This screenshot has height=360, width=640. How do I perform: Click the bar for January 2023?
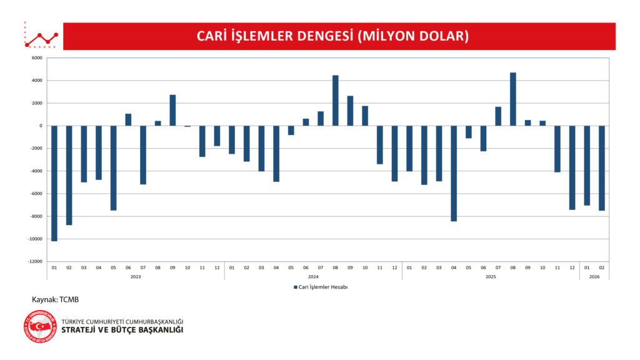pyautogui.click(x=54, y=182)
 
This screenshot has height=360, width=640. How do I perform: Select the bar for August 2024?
pyautogui.click(x=336, y=101)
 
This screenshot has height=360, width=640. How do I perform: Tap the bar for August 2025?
pyautogui.click(x=513, y=99)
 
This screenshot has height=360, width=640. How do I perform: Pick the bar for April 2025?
pyautogui.click(x=454, y=173)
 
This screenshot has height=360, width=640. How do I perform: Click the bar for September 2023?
pyautogui.click(x=172, y=110)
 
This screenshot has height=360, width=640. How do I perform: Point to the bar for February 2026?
pyautogui.click(x=602, y=167)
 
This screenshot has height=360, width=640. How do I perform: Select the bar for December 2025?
pyautogui.click(x=572, y=167)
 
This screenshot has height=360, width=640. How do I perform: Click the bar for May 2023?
pyautogui.click(x=114, y=167)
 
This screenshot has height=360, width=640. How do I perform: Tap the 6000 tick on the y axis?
pyautogui.click(x=36, y=58)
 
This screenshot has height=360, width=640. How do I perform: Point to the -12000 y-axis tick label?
pyautogui.click(x=34, y=261)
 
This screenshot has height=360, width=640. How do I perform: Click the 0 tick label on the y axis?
pyautogui.click(x=40, y=126)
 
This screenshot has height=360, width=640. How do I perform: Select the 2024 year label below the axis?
pyautogui.click(x=313, y=276)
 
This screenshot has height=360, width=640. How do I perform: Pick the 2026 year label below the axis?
pyautogui.click(x=594, y=276)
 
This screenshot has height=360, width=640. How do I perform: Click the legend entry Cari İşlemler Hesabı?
pyautogui.click(x=320, y=287)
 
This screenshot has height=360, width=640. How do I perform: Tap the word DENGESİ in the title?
pyautogui.click(x=319, y=36)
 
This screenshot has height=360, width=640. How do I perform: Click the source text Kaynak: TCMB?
pyautogui.click(x=56, y=299)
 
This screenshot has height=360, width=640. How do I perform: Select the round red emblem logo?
pyautogui.click(x=40, y=326)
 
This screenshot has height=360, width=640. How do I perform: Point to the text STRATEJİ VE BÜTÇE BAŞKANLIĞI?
pyautogui.click(x=122, y=329)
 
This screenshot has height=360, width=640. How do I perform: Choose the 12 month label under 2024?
pyautogui.click(x=394, y=267)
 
